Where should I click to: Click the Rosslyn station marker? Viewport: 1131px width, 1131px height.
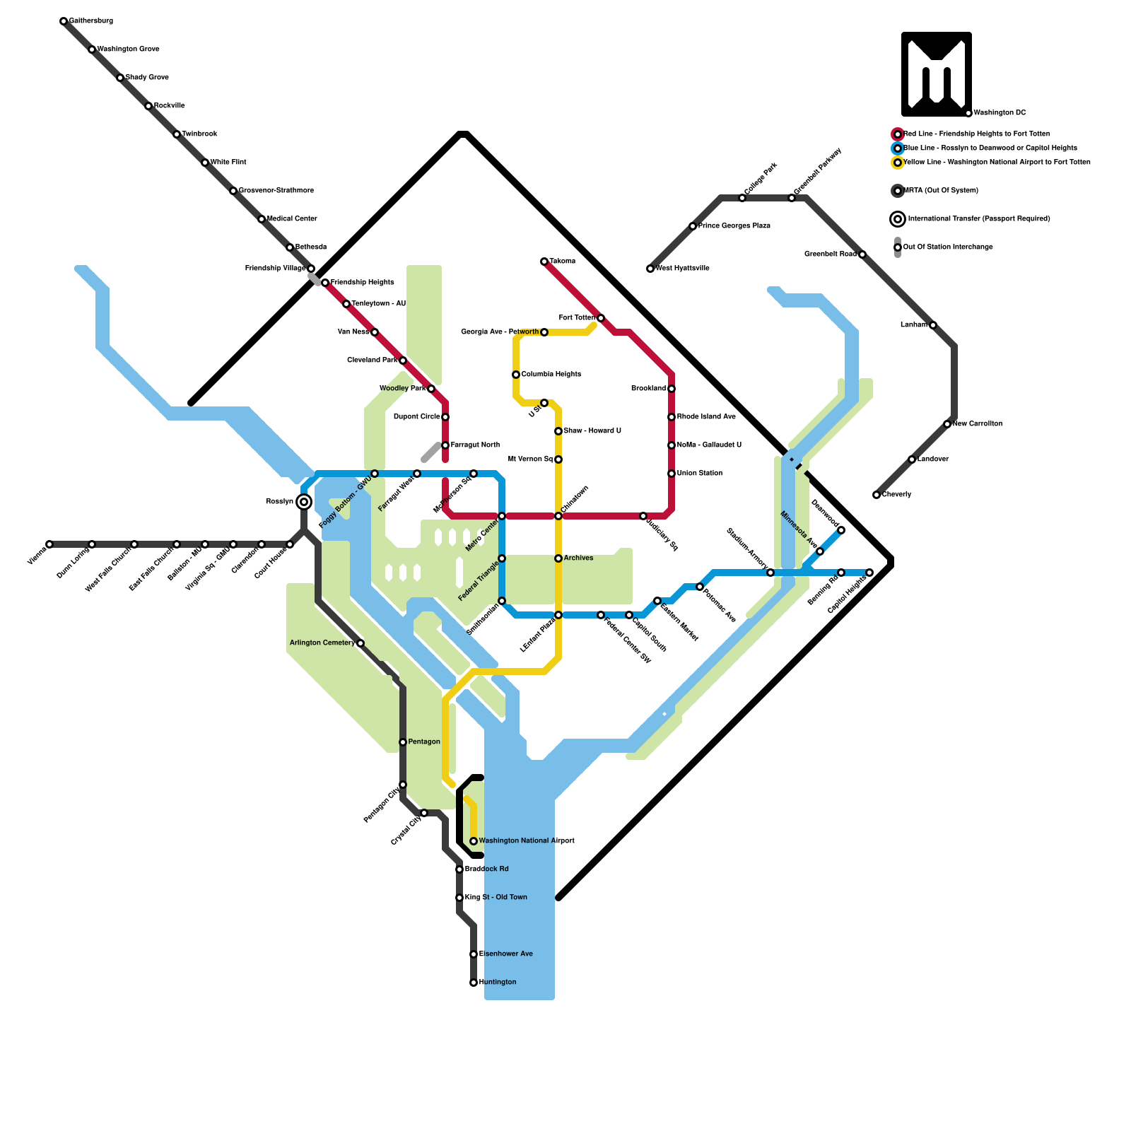[304, 502]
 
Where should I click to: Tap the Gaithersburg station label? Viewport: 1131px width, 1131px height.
[91, 21]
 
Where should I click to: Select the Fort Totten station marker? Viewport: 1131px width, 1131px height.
[601, 318]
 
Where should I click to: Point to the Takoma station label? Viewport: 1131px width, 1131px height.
[563, 262]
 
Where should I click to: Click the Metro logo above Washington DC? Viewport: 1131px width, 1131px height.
[937, 74]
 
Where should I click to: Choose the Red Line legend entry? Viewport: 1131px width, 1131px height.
[976, 134]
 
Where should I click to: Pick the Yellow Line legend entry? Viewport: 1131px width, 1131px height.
[997, 163]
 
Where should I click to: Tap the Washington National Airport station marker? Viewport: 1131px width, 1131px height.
[474, 841]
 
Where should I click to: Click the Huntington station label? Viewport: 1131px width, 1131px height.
[498, 983]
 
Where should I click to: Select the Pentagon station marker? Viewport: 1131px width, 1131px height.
[403, 742]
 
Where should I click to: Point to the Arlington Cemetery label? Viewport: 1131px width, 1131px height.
[322, 643]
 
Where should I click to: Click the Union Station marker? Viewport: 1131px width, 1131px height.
[672, 474]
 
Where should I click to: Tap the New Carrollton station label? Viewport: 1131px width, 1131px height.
[978, 424]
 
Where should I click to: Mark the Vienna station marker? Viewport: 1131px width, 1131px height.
[49, 544]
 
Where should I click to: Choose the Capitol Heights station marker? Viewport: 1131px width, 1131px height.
[869, 573]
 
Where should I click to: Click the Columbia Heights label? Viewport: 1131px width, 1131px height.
[551, 375]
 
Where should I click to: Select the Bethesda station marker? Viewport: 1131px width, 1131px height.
[290, 247]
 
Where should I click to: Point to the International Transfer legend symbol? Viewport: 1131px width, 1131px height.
[898, 219]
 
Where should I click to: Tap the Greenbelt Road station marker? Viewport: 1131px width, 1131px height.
[862, 254]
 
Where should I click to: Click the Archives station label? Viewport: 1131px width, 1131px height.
[579, 558]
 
